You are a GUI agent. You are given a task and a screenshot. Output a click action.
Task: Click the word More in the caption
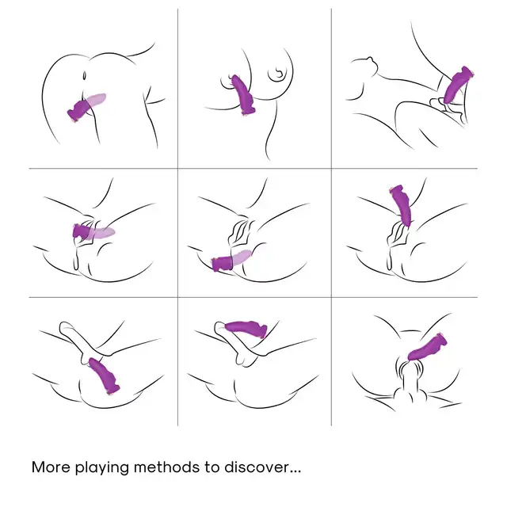51,467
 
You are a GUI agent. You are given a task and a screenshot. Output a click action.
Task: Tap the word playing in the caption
102,468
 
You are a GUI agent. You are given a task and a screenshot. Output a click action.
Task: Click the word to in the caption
212,467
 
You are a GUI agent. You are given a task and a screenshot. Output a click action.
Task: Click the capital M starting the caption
38,467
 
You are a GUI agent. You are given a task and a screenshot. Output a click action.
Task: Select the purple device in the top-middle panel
243,95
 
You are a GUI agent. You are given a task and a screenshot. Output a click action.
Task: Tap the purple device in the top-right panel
457,85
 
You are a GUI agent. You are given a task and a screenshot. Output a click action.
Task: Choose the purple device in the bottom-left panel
104,376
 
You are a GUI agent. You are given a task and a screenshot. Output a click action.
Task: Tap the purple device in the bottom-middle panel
246,329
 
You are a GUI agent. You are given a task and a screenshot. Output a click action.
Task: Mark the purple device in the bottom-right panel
428,347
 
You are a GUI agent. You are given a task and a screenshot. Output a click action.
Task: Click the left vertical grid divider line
177,217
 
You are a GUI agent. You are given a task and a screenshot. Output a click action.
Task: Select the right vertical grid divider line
331,217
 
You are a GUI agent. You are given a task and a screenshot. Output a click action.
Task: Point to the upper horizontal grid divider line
253,169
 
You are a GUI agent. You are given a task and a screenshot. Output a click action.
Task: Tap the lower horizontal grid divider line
253,297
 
